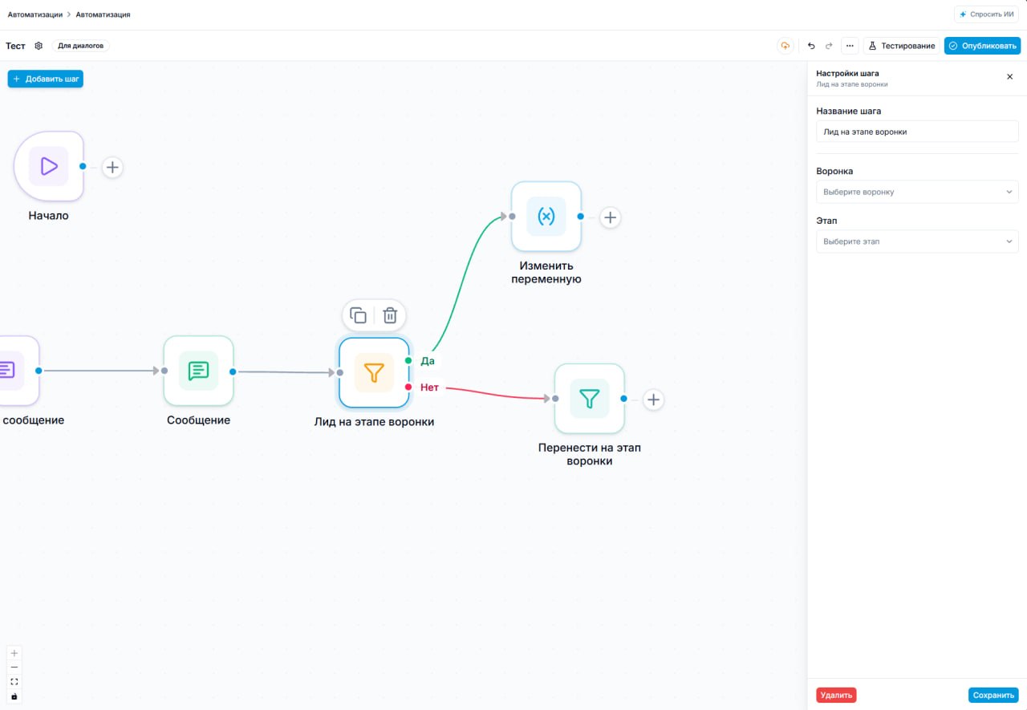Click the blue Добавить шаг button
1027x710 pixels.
pyautogui.click(x=46, y=79)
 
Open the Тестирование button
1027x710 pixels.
pyautogui.click(x=901, y=46)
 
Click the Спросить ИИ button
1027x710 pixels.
pyautogui.click(x=986, y=14)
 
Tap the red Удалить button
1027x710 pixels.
pyautogui.click(x=836, y=695)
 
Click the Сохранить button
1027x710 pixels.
pyautogui.click(x=993, y=695)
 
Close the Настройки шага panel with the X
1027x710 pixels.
pyautogui.click(x=1009, y=76)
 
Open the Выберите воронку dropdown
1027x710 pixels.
pyautogui.click(x=917, y=192)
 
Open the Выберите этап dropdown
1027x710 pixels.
pyautogui.click(x=917, y=241)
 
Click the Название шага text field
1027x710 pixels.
pyautogui.click(x=917, y=132)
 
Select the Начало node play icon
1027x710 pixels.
pyautogui.click(x=49, y=166)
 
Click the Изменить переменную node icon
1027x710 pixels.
pyautogui.click(x=546, y=217)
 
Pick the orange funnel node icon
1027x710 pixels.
pyautogui.click(x=374, y=372)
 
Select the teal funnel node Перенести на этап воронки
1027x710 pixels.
pyautogui.click(x=589, y=398)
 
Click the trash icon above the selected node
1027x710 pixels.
pyautogui.click(x=390, y=315)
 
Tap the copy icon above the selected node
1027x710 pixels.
pyautogui.click(x=358, y=315)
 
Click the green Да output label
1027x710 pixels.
pyautogui.click(x=428, y=361)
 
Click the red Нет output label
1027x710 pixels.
pyautogui.click(x=429, y=387)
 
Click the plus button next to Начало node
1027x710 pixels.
pyautogui.click(x=112, y=168)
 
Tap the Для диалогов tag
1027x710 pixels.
pyautogui.click(x=81, y=46)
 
